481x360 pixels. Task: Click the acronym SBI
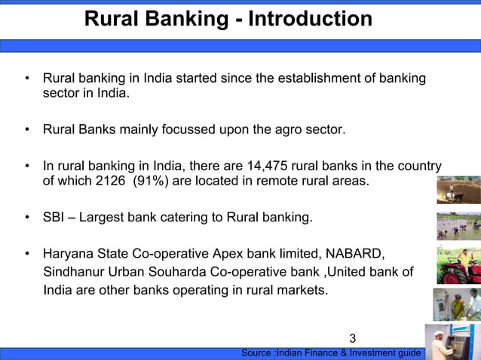[x=55, y=218]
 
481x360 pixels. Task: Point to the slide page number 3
[x=353, y=338]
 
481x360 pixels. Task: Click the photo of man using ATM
[x=452, y=342]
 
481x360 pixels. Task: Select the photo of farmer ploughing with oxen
[x=458, y=190]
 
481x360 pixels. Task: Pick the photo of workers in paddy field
[x=458, y=226]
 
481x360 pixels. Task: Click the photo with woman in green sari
[x=456, y=304]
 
